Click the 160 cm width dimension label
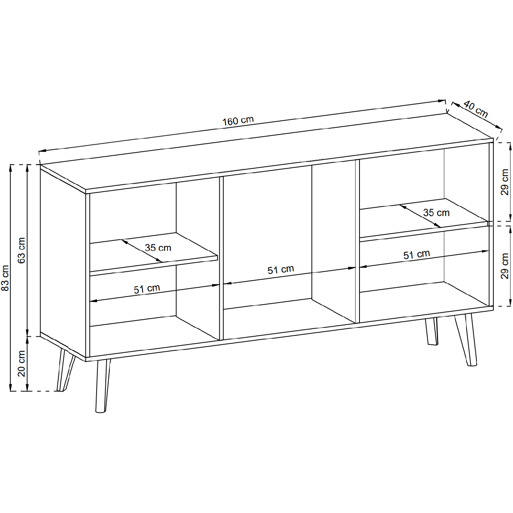238,121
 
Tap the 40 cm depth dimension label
475,109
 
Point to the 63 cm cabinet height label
21,250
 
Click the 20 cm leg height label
21,364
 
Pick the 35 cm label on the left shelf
158,248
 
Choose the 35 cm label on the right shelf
436,213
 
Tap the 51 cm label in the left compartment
147,289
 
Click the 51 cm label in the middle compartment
281,270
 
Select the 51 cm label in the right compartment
417,254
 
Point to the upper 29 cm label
505,182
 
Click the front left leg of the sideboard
102,386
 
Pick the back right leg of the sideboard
432,331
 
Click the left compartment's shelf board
154,254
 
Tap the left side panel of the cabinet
63,261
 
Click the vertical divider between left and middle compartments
221,258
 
